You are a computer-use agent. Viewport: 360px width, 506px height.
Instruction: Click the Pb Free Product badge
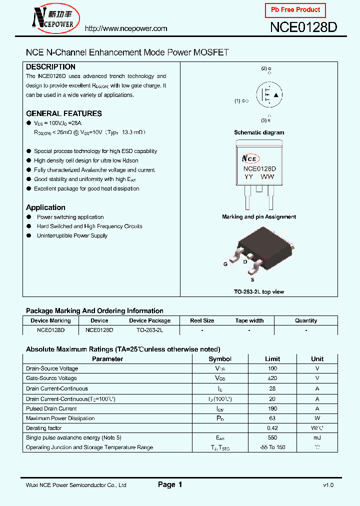[295, 10]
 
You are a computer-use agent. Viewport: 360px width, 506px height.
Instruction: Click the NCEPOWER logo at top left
[53, 19]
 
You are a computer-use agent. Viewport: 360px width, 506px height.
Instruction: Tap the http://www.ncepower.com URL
[126, 28]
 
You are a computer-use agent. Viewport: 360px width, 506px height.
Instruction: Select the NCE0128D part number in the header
[303, 27]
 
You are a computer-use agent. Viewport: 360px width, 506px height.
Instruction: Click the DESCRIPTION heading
[50, 67]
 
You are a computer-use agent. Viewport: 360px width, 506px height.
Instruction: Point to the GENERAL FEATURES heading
[63, 113]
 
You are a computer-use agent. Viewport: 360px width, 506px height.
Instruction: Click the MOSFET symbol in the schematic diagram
[269, 94]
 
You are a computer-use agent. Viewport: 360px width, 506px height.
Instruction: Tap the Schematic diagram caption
[259, 132]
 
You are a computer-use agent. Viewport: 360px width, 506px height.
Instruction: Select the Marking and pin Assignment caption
[259, 217]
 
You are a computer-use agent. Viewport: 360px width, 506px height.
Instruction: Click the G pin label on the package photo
[225, 263]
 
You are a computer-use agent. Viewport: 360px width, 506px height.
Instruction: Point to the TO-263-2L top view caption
[259, 291]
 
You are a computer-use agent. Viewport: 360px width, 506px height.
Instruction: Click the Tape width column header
[249, 320]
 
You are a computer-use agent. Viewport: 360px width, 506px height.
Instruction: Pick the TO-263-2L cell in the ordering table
[149, 330]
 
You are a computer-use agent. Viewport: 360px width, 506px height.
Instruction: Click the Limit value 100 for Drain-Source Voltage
[272, 368]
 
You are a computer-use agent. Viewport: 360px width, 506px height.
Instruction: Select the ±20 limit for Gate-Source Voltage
[272, 378]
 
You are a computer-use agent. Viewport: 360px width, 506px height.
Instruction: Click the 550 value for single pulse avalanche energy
[272, 437]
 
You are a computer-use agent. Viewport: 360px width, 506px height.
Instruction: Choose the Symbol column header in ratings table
[220, 359]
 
